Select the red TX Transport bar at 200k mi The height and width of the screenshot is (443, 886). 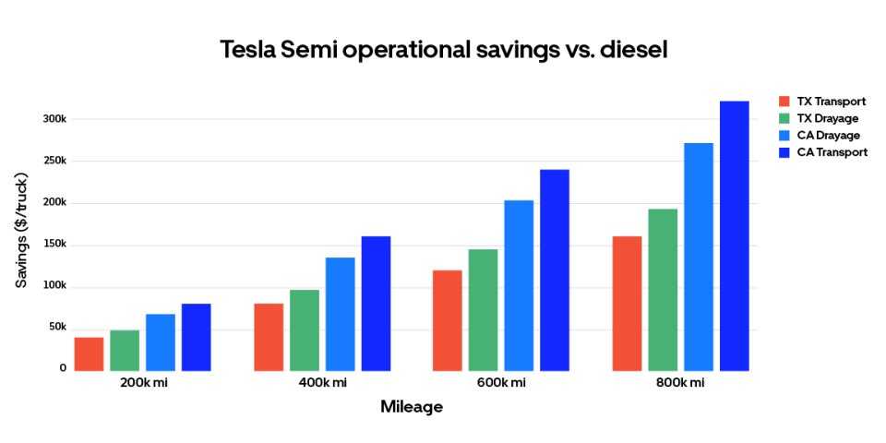[89, 354]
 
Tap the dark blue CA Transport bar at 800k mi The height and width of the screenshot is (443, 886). [734, 236]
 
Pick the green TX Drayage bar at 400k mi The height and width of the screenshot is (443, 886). [305, 330]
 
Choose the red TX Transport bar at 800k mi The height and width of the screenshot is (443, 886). [627, 304]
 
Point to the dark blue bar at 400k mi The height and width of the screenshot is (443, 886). [376, 304]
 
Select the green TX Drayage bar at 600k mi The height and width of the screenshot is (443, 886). [483, 310]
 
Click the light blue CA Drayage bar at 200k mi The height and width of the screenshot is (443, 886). [161, 342]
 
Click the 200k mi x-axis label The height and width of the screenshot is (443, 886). [143, 383]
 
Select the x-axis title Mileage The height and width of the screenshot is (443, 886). [412, 406]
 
